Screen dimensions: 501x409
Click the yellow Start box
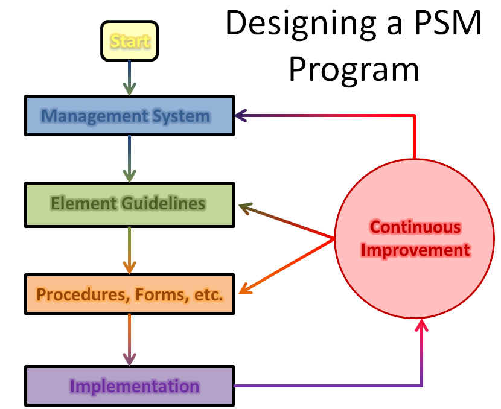(129, 41)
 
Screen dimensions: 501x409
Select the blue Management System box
(129, 116)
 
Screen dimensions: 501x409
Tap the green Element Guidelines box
(129, 204)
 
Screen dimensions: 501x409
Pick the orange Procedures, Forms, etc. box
(129, 294)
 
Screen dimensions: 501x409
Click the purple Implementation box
(129, 385)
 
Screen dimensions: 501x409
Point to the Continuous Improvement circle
(415, 238)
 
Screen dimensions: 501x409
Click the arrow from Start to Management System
(129, 78)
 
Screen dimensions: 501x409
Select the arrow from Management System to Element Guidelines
(129, 159)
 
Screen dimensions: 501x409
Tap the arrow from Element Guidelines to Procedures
(129, 250)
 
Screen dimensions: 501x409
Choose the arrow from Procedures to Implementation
(129, 340)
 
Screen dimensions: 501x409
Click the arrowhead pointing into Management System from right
(241, 116)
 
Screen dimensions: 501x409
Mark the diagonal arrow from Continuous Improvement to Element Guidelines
(287, 221)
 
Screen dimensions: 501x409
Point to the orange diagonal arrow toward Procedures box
(287, 266)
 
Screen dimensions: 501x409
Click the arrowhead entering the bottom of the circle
(422, 325)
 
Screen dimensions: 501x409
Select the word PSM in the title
(447, 22)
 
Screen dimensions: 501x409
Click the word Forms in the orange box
(160, 295)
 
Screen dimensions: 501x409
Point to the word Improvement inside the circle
(415, 250)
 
